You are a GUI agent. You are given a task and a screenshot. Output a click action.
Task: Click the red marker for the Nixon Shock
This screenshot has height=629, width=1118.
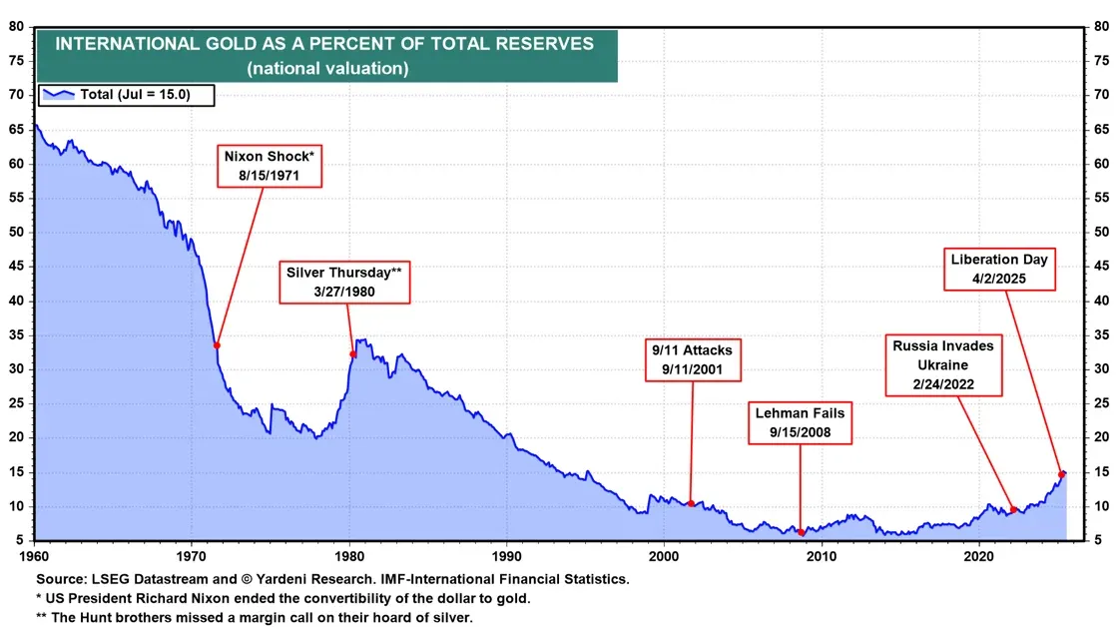point(217,345)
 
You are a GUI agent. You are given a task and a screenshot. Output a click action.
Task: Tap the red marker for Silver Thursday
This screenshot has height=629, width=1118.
point(352,353)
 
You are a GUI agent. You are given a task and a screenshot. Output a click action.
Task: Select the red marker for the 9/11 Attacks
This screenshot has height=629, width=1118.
point(691,503)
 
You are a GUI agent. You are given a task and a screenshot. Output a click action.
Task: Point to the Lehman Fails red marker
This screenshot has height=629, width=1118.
point(801,532)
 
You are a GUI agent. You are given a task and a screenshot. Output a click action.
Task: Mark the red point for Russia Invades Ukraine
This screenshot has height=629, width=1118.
point(1013,509)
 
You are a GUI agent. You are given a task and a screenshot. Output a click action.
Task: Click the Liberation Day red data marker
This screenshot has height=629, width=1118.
point(1061,474)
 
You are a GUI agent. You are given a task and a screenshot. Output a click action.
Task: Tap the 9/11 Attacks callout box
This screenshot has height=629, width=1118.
point(693,359)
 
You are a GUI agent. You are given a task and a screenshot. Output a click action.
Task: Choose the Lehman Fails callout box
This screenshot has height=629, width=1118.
point(800,422)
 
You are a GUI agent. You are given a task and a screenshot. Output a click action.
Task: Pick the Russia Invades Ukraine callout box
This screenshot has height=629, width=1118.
point(944,365)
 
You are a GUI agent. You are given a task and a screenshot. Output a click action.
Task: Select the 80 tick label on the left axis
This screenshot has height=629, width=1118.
point(17,27)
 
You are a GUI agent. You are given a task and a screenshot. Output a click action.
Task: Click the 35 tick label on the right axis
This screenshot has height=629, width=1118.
point(1103,369)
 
